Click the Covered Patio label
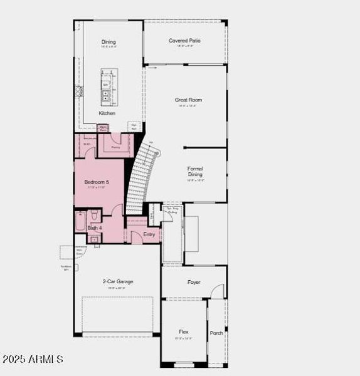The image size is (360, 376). pos(185,41)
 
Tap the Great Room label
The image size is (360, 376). pos(188,100)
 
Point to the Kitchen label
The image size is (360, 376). pos(107,113)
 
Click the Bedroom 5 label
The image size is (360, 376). pos(97,182)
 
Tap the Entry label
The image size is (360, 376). pos(149,234)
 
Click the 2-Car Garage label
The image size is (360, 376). pos(118,282)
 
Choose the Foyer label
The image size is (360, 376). pos(194,282)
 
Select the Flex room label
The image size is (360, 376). pos(183,332)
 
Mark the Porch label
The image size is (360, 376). pos(216,333)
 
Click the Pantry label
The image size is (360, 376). pos(115,148)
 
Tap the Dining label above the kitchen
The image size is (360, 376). pos(109,42)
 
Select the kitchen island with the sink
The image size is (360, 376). pos(107,90)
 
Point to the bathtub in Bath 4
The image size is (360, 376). pos(80,222)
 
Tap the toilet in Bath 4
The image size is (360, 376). pos(95,217)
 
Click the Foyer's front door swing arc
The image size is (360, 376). pos(217,291)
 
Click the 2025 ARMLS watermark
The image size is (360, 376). pos(33,359)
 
